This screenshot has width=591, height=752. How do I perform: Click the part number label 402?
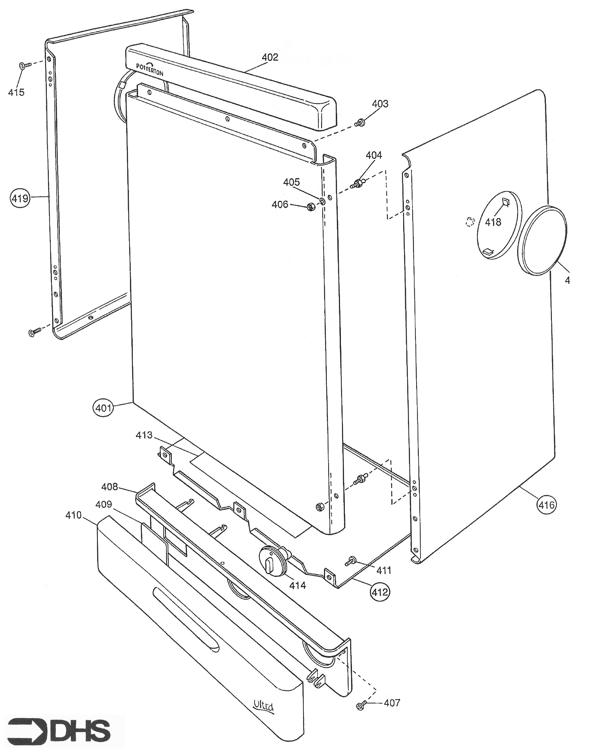point(270,57)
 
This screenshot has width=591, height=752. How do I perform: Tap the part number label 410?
point(73,515)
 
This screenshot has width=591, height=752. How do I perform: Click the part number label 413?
point(144,435)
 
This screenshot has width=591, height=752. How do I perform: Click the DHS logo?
point(59,731)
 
